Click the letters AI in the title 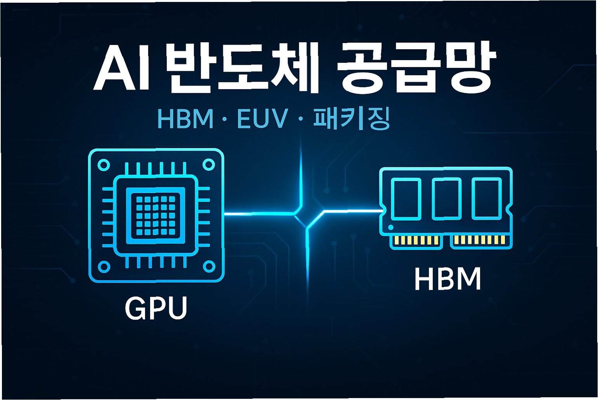120,68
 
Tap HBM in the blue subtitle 185,119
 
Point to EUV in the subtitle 262,119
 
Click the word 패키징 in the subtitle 351,119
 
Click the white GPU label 156,308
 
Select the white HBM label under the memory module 447,279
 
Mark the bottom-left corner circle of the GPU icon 104,267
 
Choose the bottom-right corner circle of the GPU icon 209,267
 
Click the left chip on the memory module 406,199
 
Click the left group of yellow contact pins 416,241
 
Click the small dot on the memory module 391,227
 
